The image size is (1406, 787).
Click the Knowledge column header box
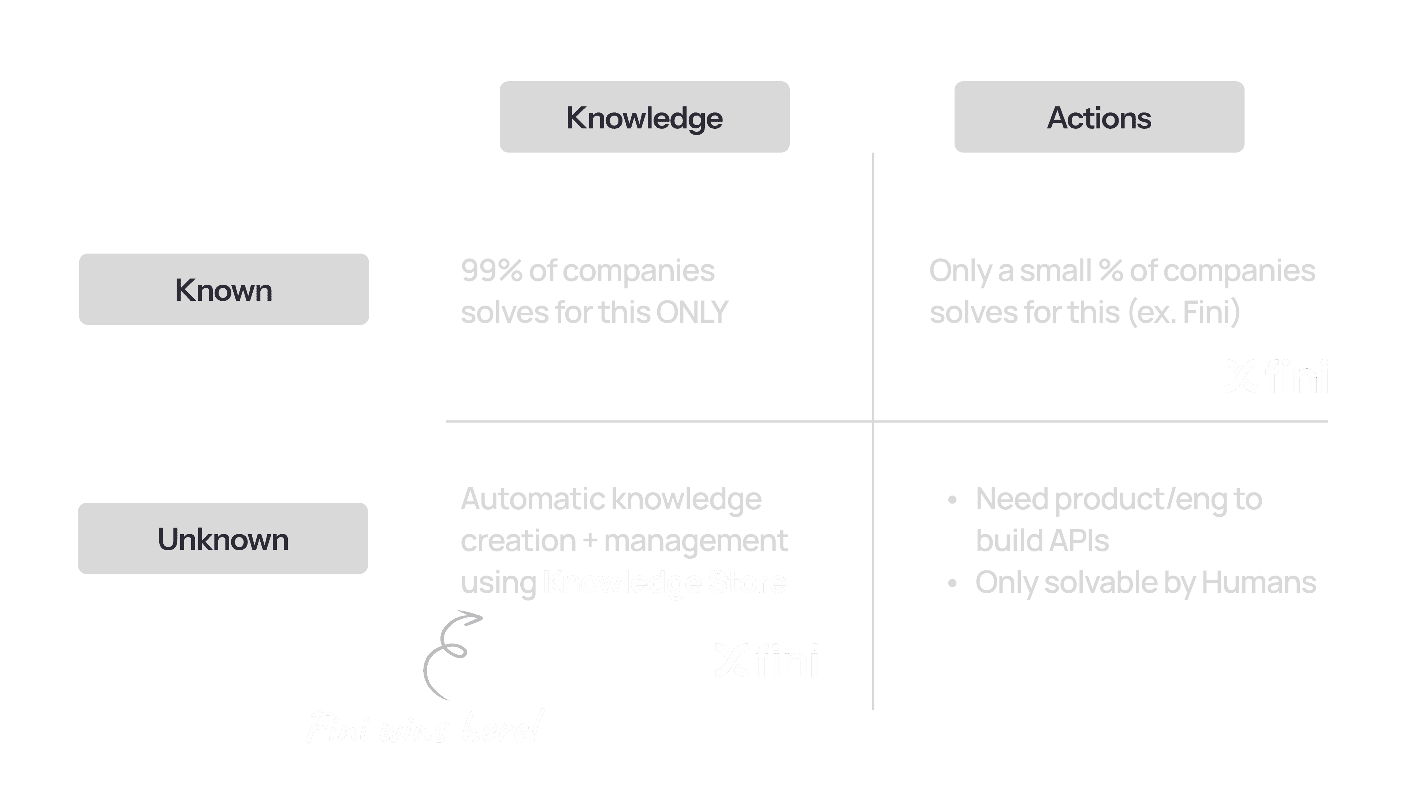click(x=644, y=117)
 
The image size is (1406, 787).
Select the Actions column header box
click(x=1099, y=117)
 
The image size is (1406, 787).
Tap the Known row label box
click(x=224, y=289)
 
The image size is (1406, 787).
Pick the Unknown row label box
click(x=223, y=538)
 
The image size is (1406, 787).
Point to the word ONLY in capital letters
click(x=692, y=312)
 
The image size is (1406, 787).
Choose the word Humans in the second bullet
click(x=1259, y=582)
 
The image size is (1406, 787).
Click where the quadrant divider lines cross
click(x=873, y=421)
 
